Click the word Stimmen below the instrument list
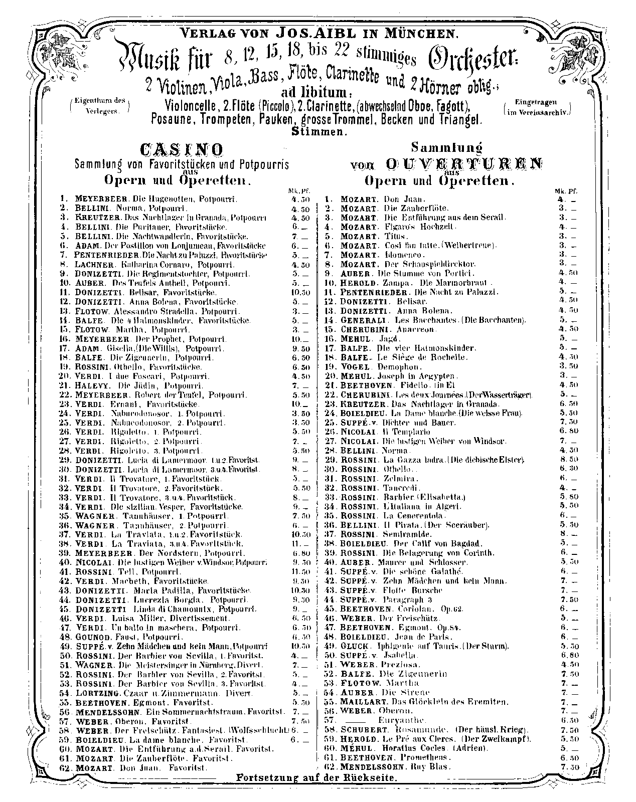(x=318, y=131)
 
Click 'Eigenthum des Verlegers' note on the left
(x=99, y=106)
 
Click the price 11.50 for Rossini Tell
(x=300, y=571)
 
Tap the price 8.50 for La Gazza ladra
(x=568, y=460)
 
